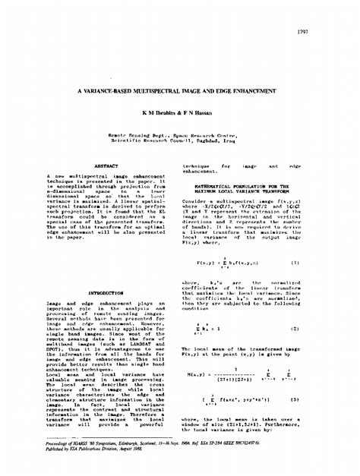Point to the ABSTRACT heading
point(106,165)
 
